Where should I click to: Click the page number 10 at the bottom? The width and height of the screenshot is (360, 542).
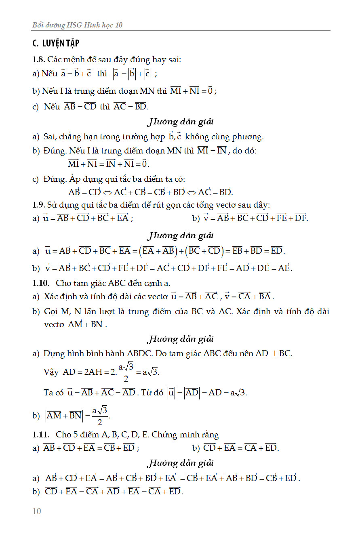37,511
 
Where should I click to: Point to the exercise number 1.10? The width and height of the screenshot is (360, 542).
40,283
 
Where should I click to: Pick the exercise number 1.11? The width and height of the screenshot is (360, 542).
40,435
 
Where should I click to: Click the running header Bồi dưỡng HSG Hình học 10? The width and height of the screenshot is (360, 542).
77,25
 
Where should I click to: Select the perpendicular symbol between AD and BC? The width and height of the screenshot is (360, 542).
274,354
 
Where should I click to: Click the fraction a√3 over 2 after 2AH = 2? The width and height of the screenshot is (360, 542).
126,372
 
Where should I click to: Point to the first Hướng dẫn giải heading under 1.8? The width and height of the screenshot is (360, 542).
180,121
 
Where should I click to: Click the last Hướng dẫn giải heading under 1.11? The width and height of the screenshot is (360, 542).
180,462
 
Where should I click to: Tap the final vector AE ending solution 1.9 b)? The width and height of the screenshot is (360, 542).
284,267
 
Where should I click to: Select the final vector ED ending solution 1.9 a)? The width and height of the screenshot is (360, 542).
277,250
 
